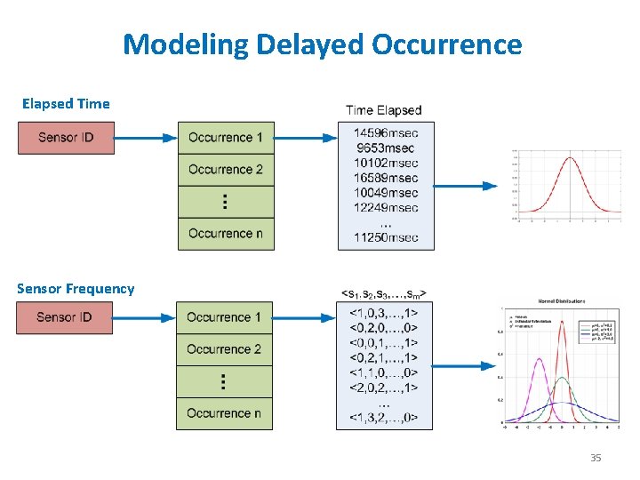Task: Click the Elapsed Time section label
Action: tap(66, 104)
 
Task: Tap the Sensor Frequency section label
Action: tap(76, 289)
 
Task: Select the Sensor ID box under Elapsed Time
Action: tap(67, 138)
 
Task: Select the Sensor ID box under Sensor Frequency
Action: tap(65, 317)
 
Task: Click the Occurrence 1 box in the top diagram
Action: tap(226, 138)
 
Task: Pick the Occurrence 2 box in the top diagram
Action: tap(226, 170)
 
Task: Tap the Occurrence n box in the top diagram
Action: tap(226, 234)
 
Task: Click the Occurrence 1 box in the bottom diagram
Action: tap(224, 317)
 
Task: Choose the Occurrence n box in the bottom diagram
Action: tap(224, 413)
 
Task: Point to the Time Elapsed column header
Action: tap(383, 110)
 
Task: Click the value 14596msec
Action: tap(385, 133)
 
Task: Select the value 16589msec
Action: tap(385, 179)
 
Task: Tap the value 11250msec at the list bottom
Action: tap(385, 237)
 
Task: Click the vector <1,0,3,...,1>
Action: tap(383, 312)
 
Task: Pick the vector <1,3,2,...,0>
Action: tap(383, 418)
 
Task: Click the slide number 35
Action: tap(596, 458)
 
